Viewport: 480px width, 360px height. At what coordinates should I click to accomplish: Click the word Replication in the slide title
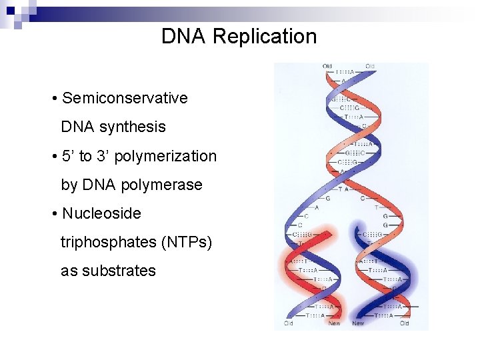265,36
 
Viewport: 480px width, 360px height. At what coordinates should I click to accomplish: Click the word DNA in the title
184,36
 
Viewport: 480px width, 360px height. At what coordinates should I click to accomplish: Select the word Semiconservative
125,98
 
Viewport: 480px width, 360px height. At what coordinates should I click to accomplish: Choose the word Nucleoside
101,213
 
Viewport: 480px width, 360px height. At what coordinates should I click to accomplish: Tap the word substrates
118,271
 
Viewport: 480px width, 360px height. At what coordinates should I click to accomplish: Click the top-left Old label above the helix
327,66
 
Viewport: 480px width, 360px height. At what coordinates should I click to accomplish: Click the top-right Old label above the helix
370,66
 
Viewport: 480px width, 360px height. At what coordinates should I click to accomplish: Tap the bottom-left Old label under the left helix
289,323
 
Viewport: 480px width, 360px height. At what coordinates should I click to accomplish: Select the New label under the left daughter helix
335,323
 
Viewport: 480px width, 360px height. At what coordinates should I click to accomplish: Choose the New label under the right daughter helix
358,323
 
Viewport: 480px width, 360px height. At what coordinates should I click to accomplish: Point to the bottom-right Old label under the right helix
404,323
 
